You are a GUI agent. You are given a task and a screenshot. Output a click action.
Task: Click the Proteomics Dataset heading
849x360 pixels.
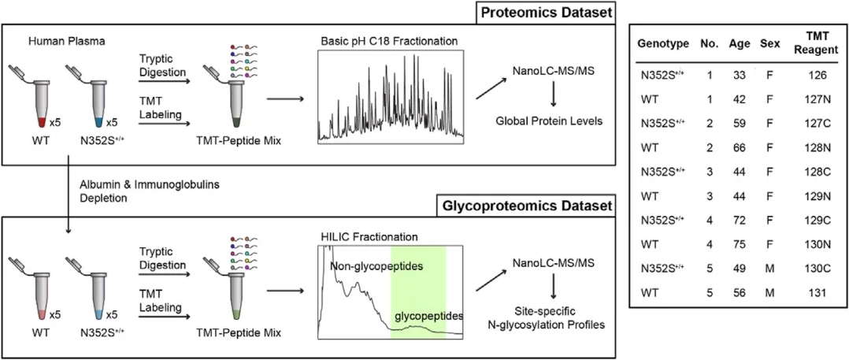pos(551,13)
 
